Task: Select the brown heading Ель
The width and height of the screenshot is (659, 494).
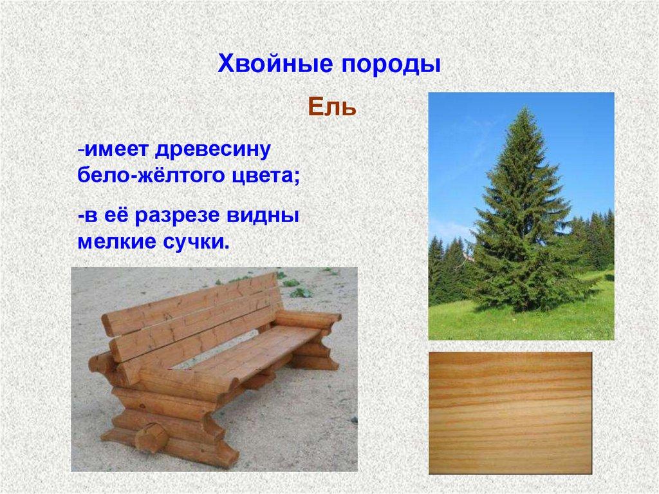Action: tap(331, 106)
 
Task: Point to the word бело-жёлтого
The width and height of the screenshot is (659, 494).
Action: tap(148, 175)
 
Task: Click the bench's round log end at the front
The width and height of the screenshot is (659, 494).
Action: tap(153, 438)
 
